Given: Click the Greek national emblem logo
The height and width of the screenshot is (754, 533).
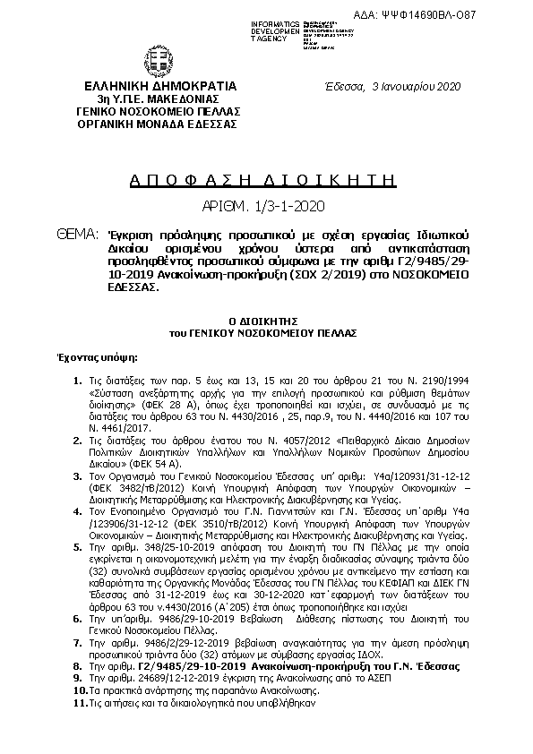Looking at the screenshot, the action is (x=157, y=61).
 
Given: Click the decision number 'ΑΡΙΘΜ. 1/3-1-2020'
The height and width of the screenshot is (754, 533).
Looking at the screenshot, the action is (x=256, y=206).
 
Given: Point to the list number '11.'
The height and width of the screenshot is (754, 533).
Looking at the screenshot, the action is (x=77, y=705).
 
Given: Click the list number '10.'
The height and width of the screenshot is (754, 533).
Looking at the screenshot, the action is (x=77, y=692).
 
